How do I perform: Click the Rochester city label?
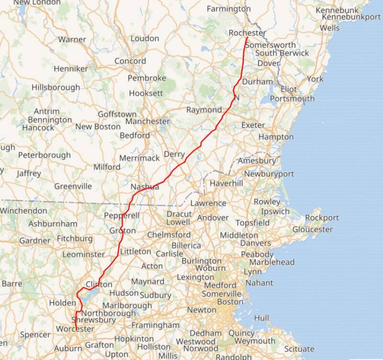tap(248, 33)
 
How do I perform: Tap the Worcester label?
tap(75, 329)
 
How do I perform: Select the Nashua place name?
tap(145, 186)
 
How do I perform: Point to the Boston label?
tap(230, 302)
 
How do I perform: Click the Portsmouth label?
tap(292, 99)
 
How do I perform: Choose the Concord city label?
tap(130, 61)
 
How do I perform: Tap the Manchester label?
tap(147, 121)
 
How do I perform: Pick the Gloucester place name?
tap(312, 229)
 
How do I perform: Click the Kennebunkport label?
tap(351, 17)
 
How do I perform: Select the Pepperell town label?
tap(122, 216)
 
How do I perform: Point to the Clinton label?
tap(99, 285)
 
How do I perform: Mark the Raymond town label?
tap(204, 110)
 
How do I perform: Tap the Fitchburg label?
tap(75, 238)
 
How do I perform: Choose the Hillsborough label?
tap(56, 87)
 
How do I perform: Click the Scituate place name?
tap(299, 349)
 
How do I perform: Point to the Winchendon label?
tap(23, 210)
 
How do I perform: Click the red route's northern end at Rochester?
tap(247, 37)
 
